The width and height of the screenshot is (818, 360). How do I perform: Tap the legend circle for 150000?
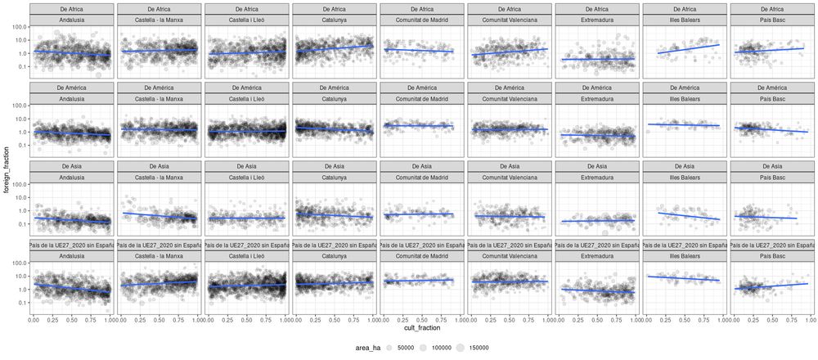[x=461, y=348]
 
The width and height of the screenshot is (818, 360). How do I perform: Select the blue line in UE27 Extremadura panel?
[x=595, y=290]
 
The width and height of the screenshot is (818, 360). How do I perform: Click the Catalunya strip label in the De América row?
[x=335, y=97]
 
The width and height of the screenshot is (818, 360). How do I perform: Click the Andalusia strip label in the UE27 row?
[x=72, y=255]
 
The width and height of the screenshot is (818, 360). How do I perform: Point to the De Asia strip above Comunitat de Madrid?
[x=422, y=166]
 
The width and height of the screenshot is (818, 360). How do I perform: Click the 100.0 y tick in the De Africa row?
[x=19, y=27]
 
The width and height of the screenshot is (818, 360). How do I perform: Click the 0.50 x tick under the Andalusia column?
[x=72, y=320]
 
